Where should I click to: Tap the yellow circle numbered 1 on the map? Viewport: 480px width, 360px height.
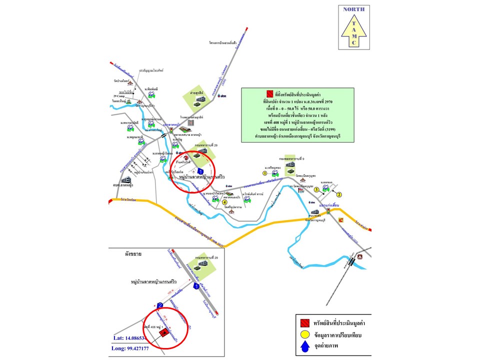pos(264,173)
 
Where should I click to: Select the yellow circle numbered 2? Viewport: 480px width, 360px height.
pos(338,194)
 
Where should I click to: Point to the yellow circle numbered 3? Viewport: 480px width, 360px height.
pos(316,189)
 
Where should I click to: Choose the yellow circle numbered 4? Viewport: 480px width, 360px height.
pos(225,202)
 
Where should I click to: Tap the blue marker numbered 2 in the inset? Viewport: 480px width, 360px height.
pos(160,305)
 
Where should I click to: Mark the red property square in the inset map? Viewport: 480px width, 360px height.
pos(163,333)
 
